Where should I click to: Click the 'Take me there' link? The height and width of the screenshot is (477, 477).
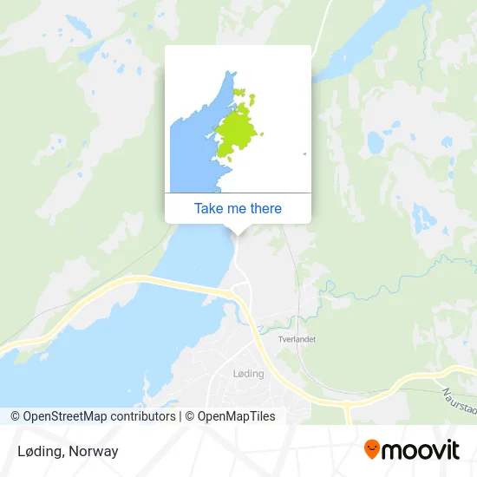[x=238, y=208]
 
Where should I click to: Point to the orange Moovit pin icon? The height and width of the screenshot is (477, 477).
[x=372, y=449]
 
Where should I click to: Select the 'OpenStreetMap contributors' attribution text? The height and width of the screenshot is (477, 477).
[x=99, y=416]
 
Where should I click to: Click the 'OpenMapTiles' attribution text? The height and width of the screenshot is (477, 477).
[x=237, y=416]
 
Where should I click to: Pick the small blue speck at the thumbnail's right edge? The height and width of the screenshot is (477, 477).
[x=304, y=154]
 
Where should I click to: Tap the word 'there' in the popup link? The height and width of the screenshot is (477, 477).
[x=266, y=208]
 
